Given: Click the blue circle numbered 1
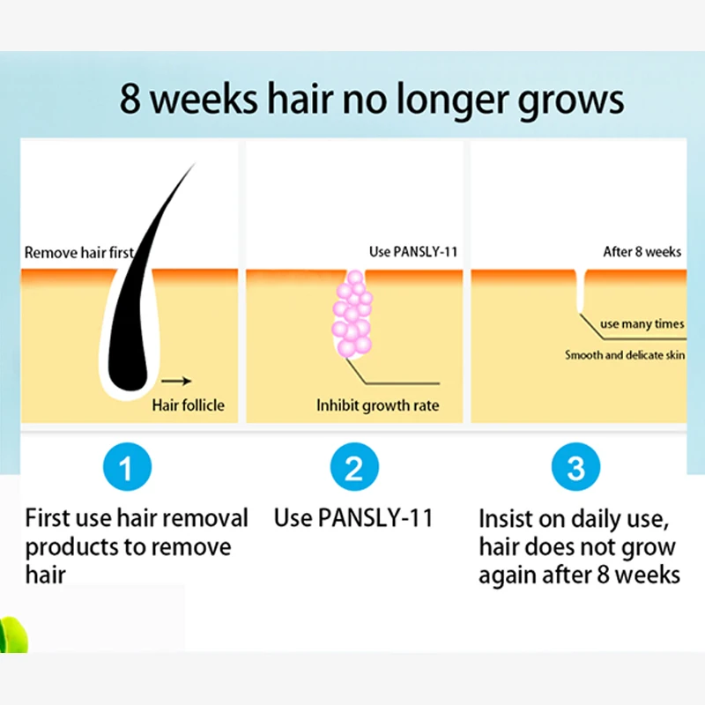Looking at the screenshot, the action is coord(127,467).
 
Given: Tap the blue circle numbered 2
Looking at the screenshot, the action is coord(354,467).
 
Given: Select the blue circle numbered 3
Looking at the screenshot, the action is coord(575,467).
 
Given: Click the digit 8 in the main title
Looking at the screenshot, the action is coord(130,99).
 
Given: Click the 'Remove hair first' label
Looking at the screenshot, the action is coord(79,252).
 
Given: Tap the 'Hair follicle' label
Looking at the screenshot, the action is coord(188,405).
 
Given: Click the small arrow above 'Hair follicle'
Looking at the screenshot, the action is coord(176,382).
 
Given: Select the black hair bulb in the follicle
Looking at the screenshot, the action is coord(128,364).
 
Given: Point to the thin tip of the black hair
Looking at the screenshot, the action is coord(194,164).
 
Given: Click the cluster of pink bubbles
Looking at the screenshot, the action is coord(352,314).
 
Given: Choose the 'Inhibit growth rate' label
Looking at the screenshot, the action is coord(378,405).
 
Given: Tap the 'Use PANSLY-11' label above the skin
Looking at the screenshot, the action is coord(413,252).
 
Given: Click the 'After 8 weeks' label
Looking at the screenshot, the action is coord(642,252).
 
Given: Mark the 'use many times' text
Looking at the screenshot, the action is coord(642,323).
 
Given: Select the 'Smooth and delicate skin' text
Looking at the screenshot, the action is coord(625,355).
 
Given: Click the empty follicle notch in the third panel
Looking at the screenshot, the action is coord(581,291).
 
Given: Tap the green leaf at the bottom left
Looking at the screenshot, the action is coord(13,634).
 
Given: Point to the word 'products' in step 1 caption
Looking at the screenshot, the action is coord(71,548).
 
